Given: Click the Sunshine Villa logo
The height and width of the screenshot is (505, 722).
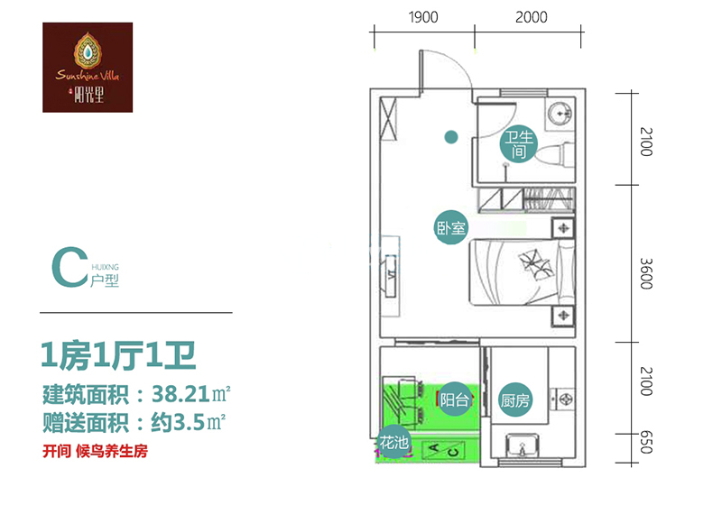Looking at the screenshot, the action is (x=88, y=67).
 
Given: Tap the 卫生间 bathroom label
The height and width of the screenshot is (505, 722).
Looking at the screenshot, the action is (x=518, y=143).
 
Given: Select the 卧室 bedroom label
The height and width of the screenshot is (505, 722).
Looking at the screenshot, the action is (x=450, y=227).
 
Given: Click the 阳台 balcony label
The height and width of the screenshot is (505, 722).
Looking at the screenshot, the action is (x=454, y=399).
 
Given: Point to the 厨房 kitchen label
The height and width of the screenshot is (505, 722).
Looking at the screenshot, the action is (x=514, y=399).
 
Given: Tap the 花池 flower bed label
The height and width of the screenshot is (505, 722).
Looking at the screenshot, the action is (x=393, y=442).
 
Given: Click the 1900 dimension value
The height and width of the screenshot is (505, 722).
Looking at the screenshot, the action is (x=423, y=17).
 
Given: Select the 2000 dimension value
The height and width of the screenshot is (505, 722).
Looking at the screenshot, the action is (x=531, y=17).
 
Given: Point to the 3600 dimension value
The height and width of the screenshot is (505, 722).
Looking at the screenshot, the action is (x=646, y=273).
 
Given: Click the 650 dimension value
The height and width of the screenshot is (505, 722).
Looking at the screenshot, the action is (x=646, y=442).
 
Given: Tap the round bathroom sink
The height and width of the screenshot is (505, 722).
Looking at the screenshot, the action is (x=560, y=113).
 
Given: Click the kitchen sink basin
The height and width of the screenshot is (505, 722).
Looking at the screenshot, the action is (x=523, y=445).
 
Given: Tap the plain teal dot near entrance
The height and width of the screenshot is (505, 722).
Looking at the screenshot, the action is (x=450, y=136).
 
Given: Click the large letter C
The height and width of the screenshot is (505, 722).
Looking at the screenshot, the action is (x=69, y=267).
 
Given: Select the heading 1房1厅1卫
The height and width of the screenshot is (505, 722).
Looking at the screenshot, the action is (x=118, y=355).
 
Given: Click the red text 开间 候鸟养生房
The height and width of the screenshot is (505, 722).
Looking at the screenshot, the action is (x=96, y=451).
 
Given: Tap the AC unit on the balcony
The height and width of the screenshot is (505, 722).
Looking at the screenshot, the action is (x=444, y=449).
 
